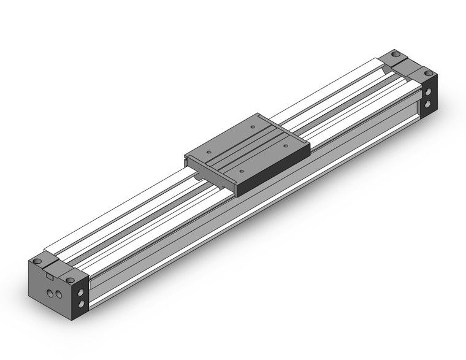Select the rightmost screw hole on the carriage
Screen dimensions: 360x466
click(x=286, y=145)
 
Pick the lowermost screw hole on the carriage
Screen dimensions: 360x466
click(x=243, y=170)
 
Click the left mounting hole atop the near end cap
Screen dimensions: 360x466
click(x=38, y=261)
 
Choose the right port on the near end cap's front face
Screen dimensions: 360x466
click(x=59, y=297)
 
